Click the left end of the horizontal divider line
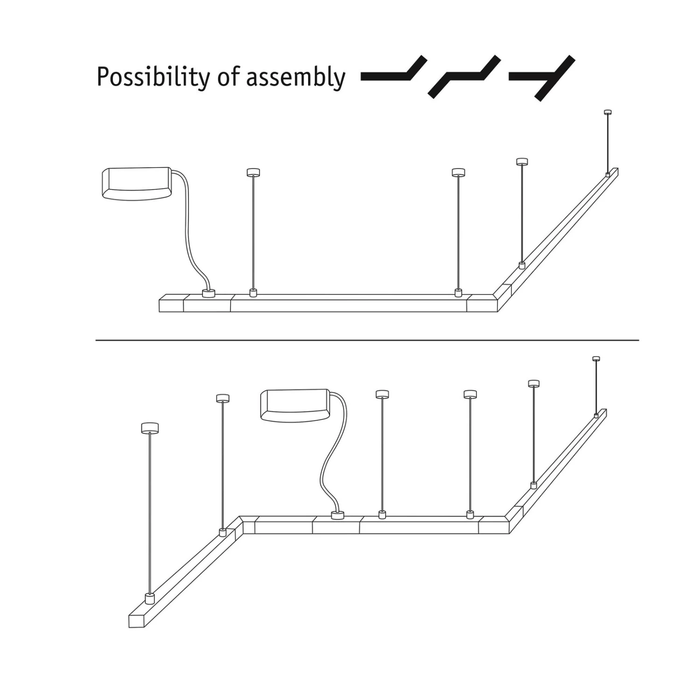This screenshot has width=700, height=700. click(x=96, y=340)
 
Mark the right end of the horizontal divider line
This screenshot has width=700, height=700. click(x=639, y=340)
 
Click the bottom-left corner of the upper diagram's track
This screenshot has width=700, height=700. click(x=160, y=312)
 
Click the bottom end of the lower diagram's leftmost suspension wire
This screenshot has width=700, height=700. click(x=149, y=594)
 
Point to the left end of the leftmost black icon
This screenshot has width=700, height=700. click(x=362, y=77)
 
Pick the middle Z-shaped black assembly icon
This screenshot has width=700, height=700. click(x=464, y=77)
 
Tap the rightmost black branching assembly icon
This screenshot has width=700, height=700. click(x=542, y=78)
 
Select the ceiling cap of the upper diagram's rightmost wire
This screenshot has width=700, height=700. click(x=608, y=112)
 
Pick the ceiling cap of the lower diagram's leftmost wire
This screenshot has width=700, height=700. click(x=150, y=427)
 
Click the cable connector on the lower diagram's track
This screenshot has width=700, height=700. click(x=337, y=515)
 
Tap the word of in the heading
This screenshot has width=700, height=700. click(x=229, y=77)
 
